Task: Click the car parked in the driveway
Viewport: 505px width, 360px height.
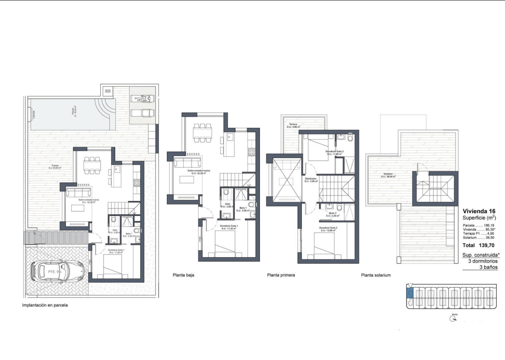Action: coord(58,271)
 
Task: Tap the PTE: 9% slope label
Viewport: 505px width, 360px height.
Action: coord(55,272)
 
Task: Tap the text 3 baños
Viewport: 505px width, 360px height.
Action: coord(488,267)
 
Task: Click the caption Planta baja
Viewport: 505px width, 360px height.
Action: coord(183,275)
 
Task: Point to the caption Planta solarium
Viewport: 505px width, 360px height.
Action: coord(375,275)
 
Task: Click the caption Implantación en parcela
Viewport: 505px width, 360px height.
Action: coord(44,305)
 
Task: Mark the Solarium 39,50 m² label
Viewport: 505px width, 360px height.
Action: coord(389,175)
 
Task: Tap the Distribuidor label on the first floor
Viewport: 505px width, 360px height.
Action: coord(310,180)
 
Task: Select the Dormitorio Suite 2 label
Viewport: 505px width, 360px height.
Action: coord(329,229)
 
